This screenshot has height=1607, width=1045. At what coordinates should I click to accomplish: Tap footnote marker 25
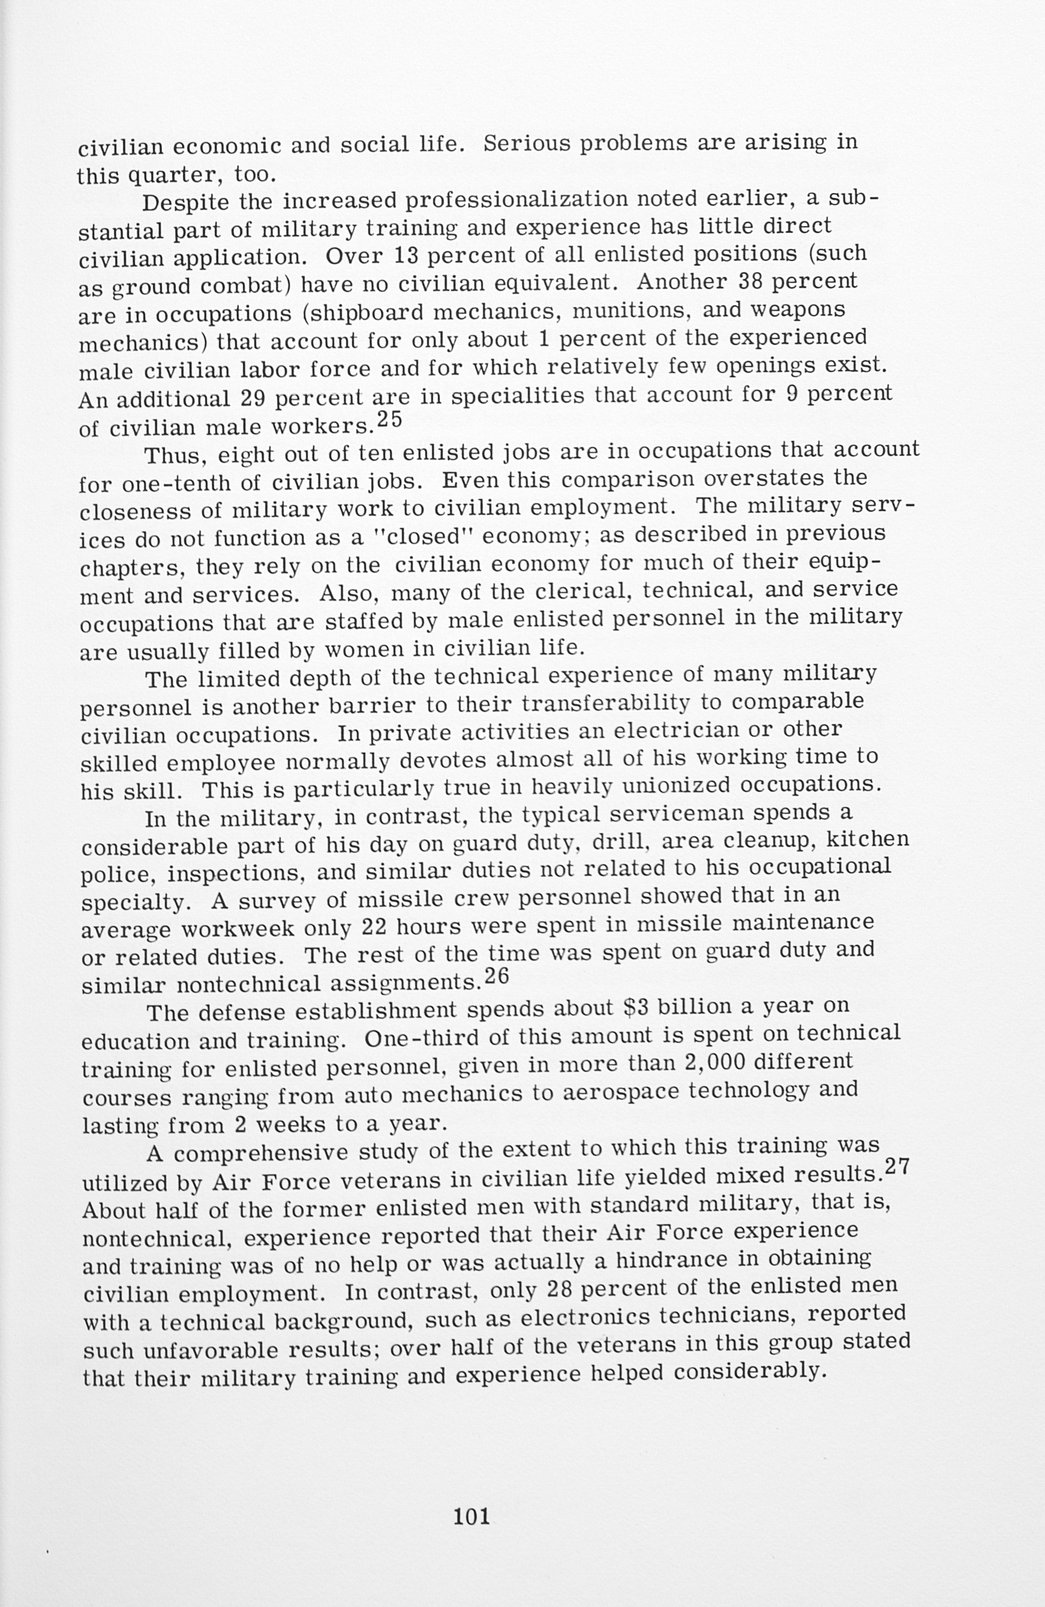[389, 419]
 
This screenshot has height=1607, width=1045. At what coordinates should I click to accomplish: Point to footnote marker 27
[897, 1167]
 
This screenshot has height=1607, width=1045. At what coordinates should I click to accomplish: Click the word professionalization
[516, 200]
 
